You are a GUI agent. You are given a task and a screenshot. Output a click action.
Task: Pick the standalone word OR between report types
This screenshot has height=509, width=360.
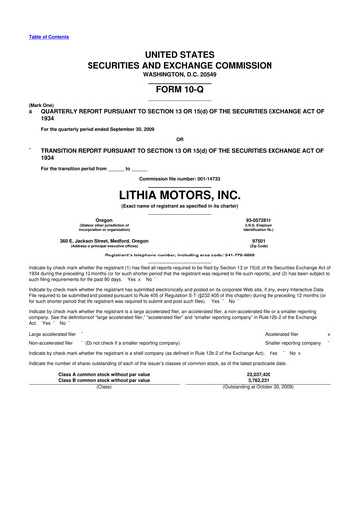coord(179,138)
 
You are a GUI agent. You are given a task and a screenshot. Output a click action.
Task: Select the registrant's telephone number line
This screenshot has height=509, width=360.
coord(179,256)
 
